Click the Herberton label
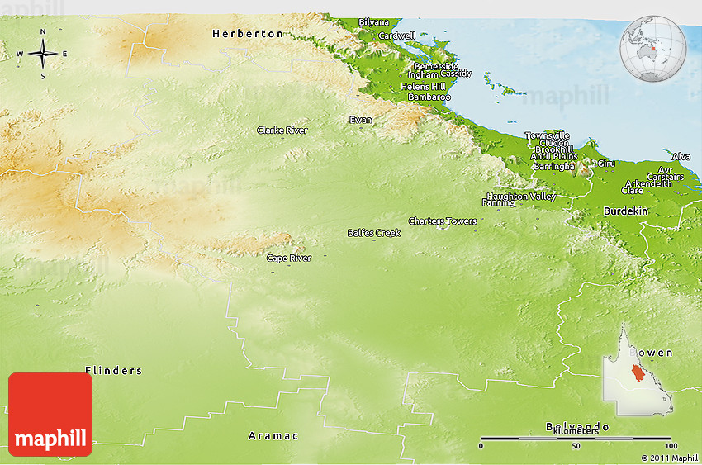tap(247, 34)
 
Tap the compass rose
tap(43, 54)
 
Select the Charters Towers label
tap(442, 221)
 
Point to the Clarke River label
tap(282, 130)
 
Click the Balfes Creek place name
tap(373, 233)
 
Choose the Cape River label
tap(289, 259)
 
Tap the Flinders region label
tap(113, 371)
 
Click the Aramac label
tap(273, 435)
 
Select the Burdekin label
tap(626, 211)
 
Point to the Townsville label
tap(547, 135)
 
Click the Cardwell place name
tap(396, 36)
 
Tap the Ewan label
tap(360, 121)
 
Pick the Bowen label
tap(654, 353)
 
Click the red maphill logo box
tap(50, 415)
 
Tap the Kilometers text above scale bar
tap(576, 431)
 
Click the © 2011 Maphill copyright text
tap(669, 458)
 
